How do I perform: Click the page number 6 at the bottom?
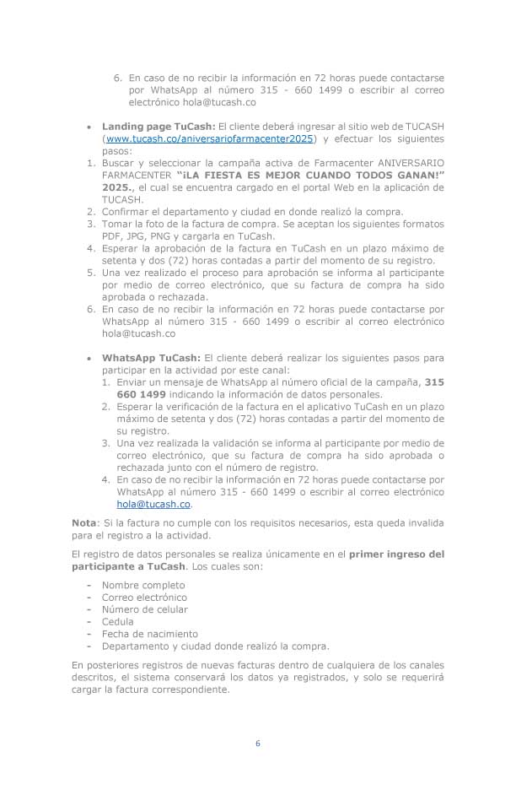point(258,744)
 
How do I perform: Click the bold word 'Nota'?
point(84,523)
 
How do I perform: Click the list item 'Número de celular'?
point(144,609)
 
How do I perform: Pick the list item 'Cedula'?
point(118,621)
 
